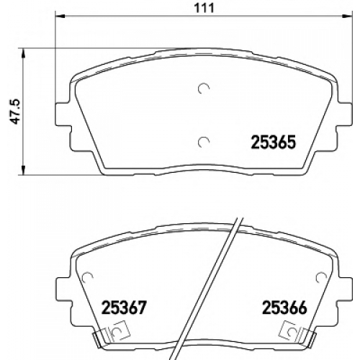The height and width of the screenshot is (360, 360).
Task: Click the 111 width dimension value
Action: click(x=204, y=8)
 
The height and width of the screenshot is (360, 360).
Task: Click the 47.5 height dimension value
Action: click(x=16, y=112)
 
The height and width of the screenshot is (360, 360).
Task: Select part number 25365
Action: click(x=274, y=143)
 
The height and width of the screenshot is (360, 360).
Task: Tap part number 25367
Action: click(x=124, y=307)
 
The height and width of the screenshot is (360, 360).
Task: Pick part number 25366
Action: click(x=285, y=307)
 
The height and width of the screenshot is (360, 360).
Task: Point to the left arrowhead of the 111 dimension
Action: click(x=60, y=17)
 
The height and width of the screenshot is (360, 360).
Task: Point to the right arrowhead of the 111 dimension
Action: click(x=348, y=17)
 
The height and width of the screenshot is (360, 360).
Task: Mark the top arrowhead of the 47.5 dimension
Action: click(x=23, y=53)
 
